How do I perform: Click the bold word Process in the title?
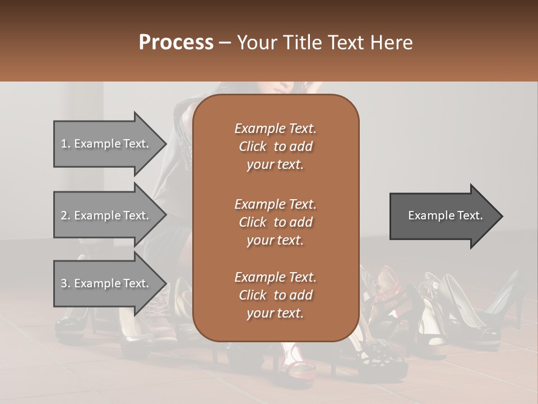[x=176, y=43]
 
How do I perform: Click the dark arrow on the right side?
[x=443, y=216]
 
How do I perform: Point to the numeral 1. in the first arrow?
[x=66, y=144]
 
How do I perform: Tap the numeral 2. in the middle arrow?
[x=66, y=215]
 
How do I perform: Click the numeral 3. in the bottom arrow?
[x=66, y=283]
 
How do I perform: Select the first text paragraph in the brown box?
[x=275, y=146]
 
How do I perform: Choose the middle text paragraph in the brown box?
[x=275, y=222]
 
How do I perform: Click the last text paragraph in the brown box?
[x=275, y=295]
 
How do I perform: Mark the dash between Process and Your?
[x=225, y=43]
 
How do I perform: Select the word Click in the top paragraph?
[x=253, y=146]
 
